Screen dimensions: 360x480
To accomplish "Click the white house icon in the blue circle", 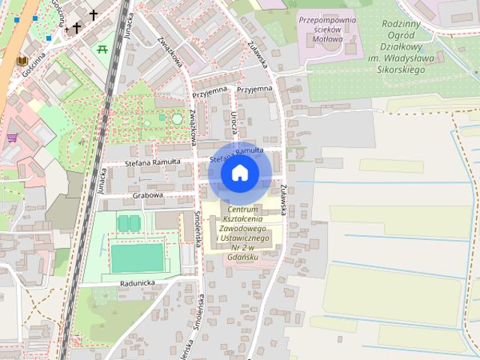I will coord(239,173).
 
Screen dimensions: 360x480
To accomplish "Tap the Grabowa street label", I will coord(148,195).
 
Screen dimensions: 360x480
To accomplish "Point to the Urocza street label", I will coord(235,118).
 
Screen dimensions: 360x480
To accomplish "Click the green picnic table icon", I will coord(103,49).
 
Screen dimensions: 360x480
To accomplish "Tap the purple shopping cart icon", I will coord(12,138).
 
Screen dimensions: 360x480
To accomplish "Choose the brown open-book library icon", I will coord(22,60).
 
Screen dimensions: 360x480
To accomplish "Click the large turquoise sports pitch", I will coord(137,257).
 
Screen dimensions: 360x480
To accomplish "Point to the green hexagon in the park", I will coord(177,118).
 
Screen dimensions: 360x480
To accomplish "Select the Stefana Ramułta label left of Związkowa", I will coord(152,162).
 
